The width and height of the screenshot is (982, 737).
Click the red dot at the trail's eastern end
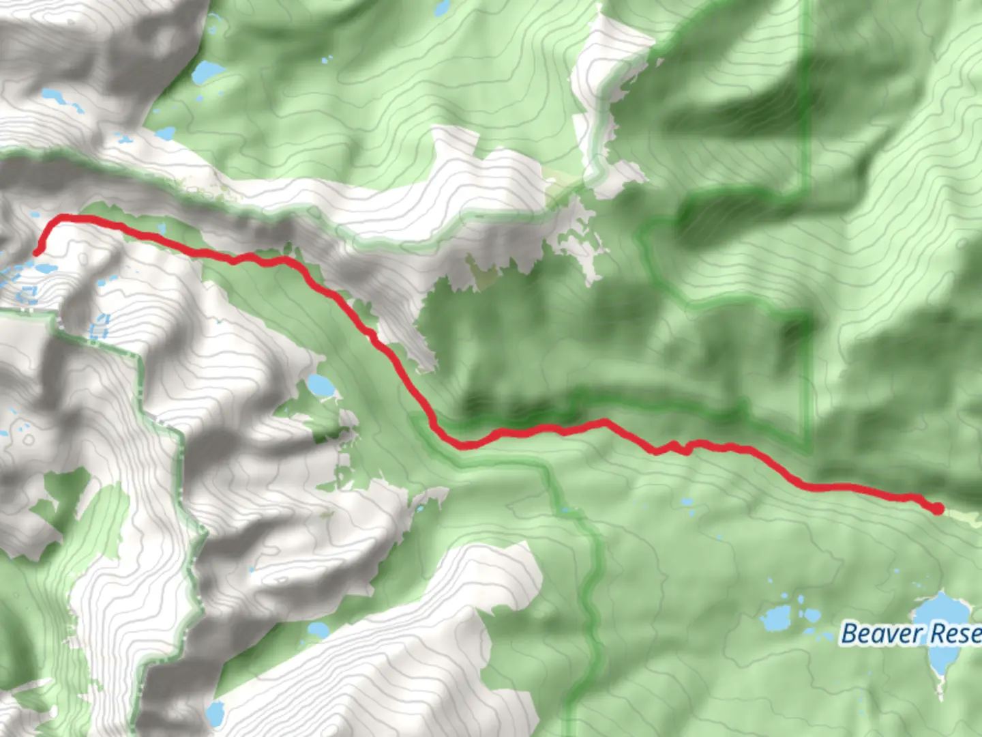[938, 508]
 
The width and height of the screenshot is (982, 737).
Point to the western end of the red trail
[37, 252]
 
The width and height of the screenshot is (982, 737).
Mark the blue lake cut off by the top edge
[442, 7]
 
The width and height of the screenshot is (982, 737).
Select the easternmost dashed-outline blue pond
[100, 328]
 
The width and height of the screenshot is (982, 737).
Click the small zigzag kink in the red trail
[672, 448]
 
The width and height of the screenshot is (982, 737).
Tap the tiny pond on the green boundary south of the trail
[564, 509]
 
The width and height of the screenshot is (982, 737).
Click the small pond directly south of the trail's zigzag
[687, 503]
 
